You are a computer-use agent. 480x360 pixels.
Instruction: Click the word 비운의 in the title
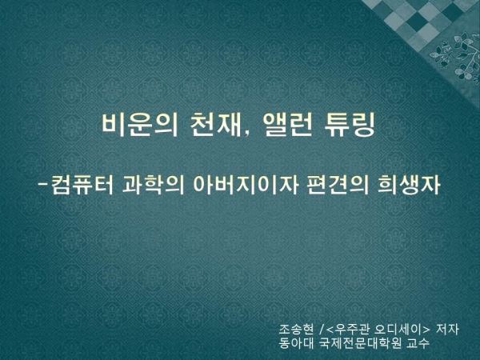coord(139,125)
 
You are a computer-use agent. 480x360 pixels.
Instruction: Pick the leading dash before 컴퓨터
coord(43,185)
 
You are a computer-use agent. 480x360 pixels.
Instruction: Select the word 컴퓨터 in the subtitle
coord(82,186)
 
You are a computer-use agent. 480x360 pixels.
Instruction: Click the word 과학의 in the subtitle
coord(154,186)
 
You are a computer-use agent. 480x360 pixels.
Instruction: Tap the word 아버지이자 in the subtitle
coord(246,186)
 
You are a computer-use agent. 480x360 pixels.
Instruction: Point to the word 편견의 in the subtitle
coord(338,186)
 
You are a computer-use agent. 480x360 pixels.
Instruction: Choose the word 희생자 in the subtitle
coord(409,186)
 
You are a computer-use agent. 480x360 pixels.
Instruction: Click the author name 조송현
coord(296,330)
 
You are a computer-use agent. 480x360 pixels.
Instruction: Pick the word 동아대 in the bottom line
coord(296,343)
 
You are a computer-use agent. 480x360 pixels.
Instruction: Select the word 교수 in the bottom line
coord(418,343)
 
